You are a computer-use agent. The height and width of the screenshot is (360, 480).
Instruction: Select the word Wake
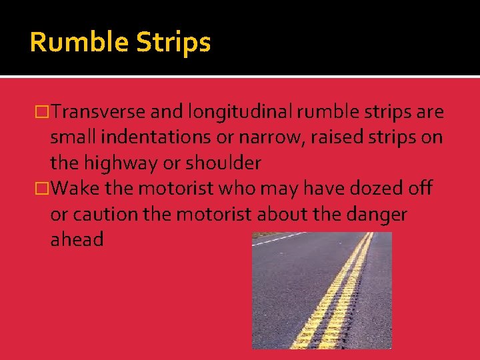pos(75,189)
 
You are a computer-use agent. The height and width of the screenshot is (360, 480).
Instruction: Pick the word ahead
pos(77,239)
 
